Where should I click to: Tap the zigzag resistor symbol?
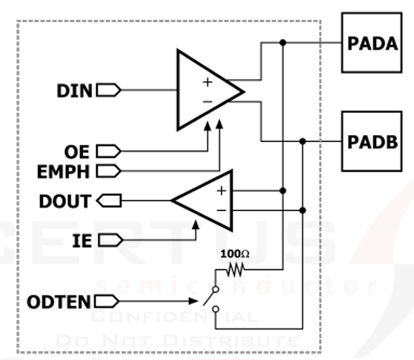point(237,269)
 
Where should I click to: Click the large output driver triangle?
point(204,90)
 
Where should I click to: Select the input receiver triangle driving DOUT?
point(204,201)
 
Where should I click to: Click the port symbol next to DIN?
point(109,90)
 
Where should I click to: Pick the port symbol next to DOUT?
point(110,201)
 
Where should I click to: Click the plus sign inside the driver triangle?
point(206,82)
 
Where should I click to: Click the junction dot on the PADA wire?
point(282,43)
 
